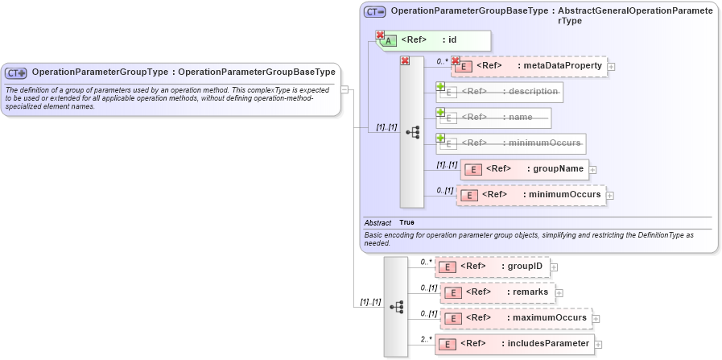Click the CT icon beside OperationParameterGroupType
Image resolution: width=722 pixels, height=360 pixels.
tap(17, 72)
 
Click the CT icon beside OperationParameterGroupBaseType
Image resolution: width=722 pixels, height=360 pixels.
tap(375, 12)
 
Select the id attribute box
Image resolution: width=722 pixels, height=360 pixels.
tap(435, 40)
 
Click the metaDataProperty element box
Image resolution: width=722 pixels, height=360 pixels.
tap(530, 67)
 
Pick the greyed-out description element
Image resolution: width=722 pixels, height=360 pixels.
tap(500, 93)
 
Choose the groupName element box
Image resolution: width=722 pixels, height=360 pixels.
tap(525, 169)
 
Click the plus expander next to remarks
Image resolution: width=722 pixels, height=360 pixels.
tap(559, 293)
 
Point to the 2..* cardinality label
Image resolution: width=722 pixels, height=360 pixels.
tap(426, 340)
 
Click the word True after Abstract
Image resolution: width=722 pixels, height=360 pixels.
tap(407, 222)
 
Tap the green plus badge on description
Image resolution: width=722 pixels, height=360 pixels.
tap(440, 86)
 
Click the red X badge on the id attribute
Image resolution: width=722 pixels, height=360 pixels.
tap(380, 35)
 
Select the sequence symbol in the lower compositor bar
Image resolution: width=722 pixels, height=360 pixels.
tap(396, 307)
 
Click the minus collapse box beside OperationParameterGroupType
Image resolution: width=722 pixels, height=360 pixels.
tap(344, 89)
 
